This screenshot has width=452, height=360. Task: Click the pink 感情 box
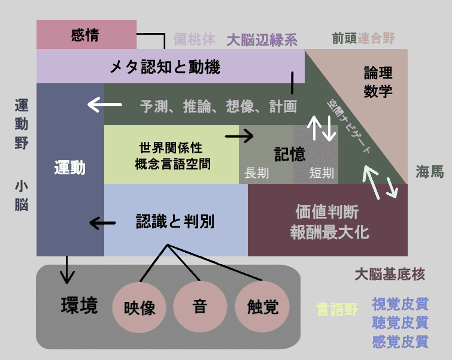(x=86, y=35)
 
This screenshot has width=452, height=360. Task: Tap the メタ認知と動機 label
(x=165, y=66)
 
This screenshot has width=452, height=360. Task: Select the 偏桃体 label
(x=194, y=40)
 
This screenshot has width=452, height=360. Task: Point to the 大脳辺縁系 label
(x=262, y=40)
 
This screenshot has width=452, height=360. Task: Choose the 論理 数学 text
(x=378, y=81)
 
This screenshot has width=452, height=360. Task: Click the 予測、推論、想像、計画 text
(x=219, y=107)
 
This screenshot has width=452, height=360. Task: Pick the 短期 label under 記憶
(x=321, y=173)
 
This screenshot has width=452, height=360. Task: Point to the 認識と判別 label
(x=175, y=222)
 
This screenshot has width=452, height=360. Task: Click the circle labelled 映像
(x=139, y=307)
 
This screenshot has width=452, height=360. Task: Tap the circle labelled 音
(x=199, y=307)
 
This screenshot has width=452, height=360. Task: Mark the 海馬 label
(x=430, y=172)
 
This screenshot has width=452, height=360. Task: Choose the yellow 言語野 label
(x=336, y=310)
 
